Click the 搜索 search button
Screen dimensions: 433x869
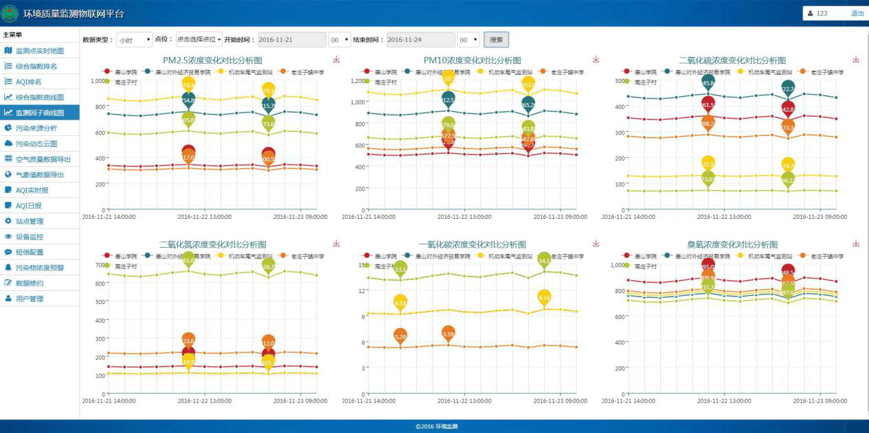496,40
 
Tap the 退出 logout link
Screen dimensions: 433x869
857,13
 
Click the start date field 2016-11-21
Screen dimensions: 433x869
291,40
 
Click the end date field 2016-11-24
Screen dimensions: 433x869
420,40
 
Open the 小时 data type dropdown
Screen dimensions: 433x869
135,40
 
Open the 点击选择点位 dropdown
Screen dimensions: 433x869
199,40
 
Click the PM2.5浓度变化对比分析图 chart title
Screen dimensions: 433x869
212,60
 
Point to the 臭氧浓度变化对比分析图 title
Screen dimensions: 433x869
732,244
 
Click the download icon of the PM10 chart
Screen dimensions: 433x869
596,60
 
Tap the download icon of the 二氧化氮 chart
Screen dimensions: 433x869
336,243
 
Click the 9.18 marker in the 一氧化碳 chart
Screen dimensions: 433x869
401,302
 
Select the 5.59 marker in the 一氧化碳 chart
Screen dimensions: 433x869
449,334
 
